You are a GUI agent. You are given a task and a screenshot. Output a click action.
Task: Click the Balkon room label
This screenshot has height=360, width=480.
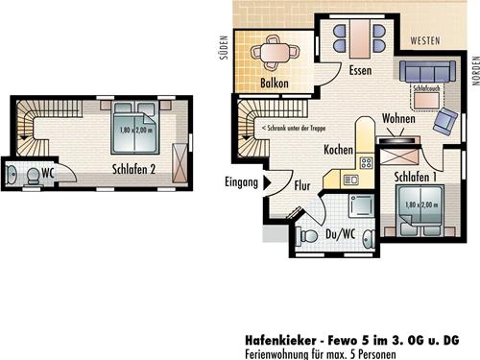click(276, 84)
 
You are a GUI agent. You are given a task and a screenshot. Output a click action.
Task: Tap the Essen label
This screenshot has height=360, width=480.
click(360, 71)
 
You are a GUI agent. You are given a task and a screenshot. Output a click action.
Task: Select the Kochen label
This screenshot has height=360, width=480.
click(339, 151)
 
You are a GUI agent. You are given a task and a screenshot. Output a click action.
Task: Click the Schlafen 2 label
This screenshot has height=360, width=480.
click(133, 171)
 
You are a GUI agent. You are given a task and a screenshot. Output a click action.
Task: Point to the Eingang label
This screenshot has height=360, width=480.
click(240, 182)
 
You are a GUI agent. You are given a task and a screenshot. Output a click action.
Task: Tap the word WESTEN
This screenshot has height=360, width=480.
click(423, 41)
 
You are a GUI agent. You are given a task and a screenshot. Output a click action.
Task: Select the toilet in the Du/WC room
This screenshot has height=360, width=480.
click(309, 235)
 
